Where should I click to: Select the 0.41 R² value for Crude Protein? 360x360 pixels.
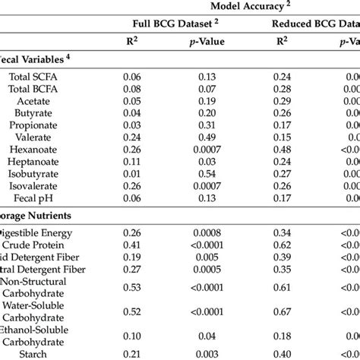132,245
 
